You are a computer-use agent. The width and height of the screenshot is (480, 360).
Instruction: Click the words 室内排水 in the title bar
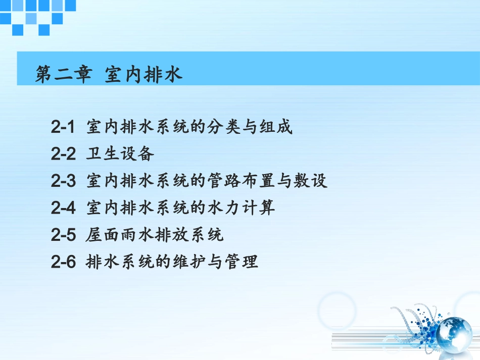[x=143, y=75]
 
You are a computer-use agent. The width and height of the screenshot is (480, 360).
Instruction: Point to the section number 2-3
[x=63, y=181]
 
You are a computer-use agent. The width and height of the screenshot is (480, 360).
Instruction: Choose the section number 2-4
[x=63, y=208]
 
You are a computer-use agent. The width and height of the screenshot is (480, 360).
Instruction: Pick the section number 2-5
[x=63, y=235]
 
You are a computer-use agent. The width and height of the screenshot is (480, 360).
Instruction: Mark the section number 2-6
[x=63, y=262]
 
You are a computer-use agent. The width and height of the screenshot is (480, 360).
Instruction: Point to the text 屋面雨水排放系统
[x=155, y=235]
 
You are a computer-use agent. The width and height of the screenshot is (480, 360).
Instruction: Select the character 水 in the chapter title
[x=173, y=75]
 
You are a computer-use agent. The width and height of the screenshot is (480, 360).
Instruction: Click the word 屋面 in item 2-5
[x=103, y=235]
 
